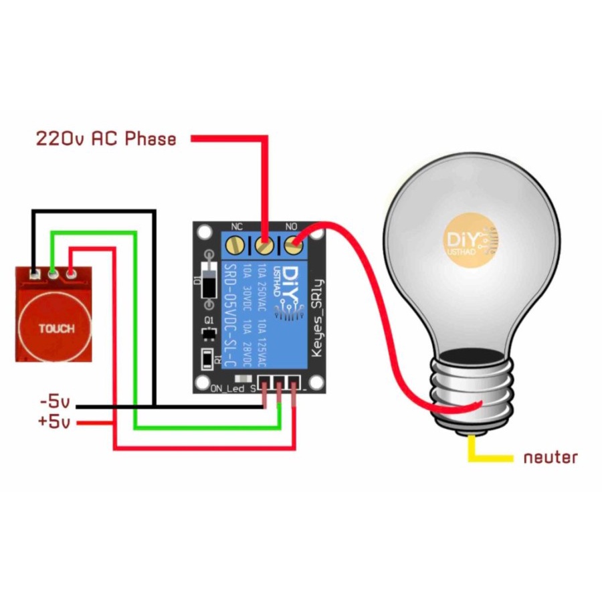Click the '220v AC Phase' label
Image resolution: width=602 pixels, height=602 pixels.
[x=106, y=138]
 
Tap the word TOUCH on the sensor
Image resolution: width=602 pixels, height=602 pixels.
[x=56, y=329]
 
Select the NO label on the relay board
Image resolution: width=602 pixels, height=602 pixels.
[x=292, y=227]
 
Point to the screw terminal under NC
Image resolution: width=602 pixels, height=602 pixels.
[x=235, y=245]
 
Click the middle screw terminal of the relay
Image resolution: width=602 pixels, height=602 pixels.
[x=264, y=245]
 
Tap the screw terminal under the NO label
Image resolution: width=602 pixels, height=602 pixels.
[x=292, y=245]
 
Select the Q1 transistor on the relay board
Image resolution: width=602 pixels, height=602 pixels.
[x=208, y=332]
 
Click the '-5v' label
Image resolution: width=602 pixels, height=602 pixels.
[x=55, y=403]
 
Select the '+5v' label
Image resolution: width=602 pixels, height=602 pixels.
[x=55, y=422]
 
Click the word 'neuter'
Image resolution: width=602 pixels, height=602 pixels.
[x=550, y=458]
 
